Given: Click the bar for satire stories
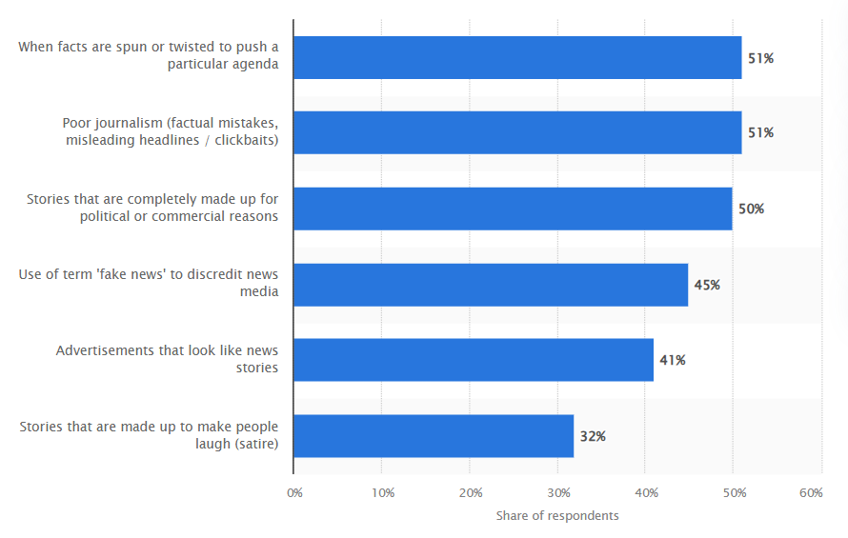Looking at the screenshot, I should pyautogui.click(x=434, y=436).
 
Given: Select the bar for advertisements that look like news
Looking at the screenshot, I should pyautogui.click(x=474, y=360).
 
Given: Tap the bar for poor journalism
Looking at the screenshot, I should pyautogui.click(x=517, y=132).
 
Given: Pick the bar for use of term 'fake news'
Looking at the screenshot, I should pyautogui.click(x=491, y=285).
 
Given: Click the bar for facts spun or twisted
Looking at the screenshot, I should pyautogui.click(x=517, y=57).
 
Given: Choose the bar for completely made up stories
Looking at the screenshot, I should pyautogui.click(x=513, y=209).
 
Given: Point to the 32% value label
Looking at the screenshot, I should pyautogui.click(x=593, y=436).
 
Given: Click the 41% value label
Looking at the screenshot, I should pyautogui.click(x=673, y=360).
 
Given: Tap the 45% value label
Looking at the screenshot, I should pyautogui.click(x=707, y=285).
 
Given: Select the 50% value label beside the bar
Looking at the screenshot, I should pyautogui.click(x=751, y=209).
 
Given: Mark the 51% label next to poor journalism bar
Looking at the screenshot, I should pyautogui.click(x=760, y=132).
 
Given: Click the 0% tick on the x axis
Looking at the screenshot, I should pyautogui.click(x=294, y=492).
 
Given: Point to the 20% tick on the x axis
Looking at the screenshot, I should pyautogui.click(x=470, y=492).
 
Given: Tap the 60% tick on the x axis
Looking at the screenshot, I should pyautogui.click(x=812, y=492).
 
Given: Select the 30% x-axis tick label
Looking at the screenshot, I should pyautogui.click(x=558, y=492).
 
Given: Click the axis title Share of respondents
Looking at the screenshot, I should pyautogui.click(x=557, y=515).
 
